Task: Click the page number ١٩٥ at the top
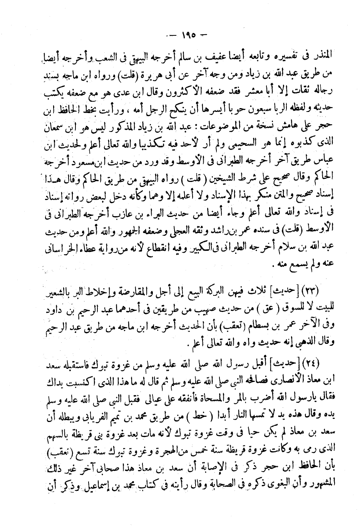[x=188, y=36]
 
